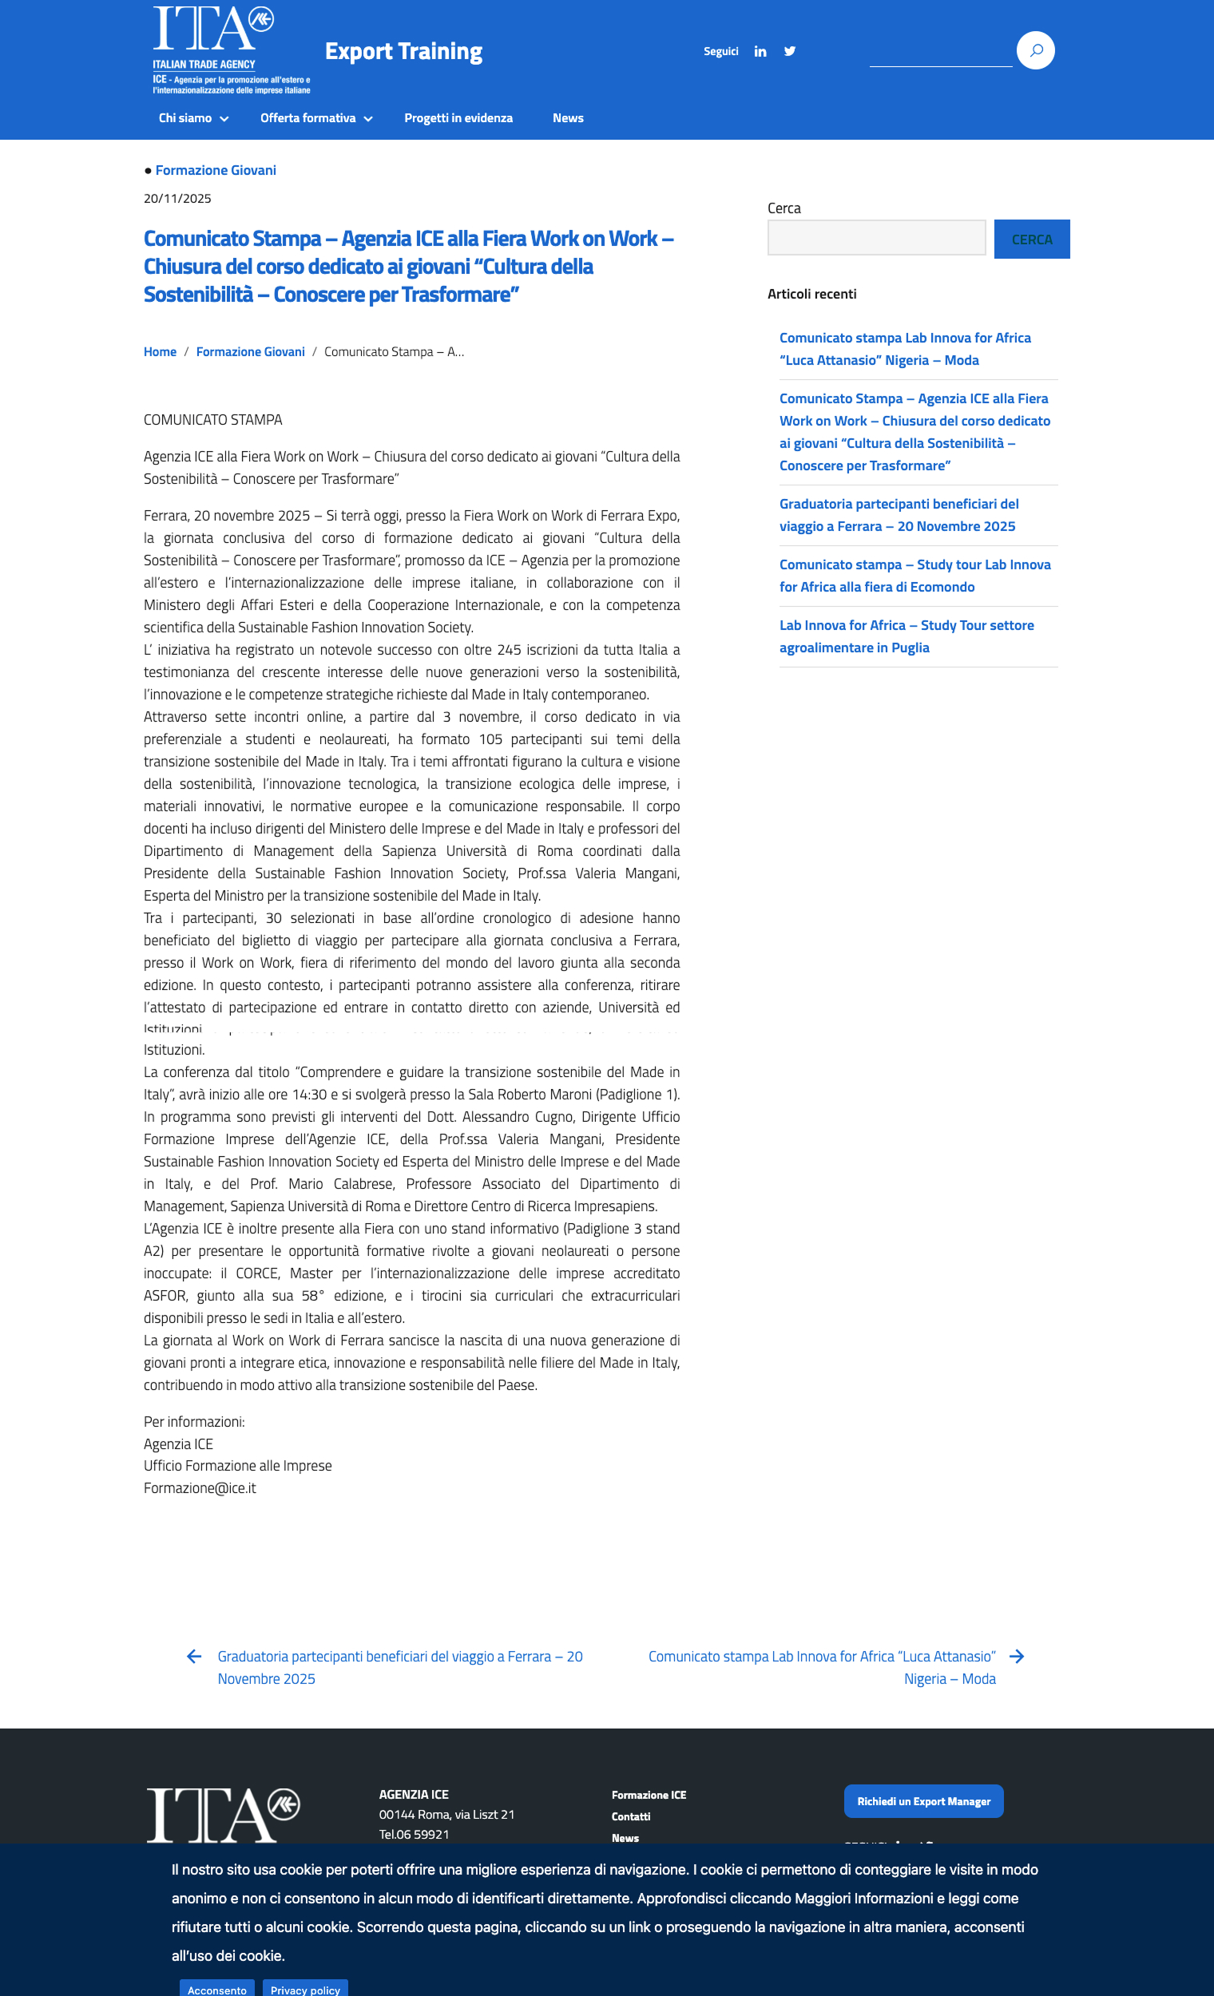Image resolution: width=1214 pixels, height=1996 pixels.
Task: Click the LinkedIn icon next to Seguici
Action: pos(760,51)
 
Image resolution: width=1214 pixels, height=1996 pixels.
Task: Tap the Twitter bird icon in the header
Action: pos(789,51)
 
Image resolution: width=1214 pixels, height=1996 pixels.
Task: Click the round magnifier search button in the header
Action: pos(1035,50)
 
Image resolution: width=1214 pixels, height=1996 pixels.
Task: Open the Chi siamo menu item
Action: pos(192,118)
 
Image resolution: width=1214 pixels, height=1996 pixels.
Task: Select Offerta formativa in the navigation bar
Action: pos(315,118)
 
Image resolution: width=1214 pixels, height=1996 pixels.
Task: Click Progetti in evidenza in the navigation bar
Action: pos(458,118)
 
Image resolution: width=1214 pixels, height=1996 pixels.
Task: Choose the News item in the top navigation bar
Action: pos(567,118)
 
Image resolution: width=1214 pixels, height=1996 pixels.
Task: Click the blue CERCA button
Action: pos(1031,239)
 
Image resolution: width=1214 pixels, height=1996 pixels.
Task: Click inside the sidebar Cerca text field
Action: pos(876,237)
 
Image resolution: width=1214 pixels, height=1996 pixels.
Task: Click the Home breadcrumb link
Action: pos(160,351)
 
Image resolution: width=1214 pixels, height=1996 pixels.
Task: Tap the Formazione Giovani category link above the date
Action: pos(216,170)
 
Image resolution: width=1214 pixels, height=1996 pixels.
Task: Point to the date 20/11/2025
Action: pos(177,199)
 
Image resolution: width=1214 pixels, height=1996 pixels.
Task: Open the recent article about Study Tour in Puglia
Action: pos(906,636)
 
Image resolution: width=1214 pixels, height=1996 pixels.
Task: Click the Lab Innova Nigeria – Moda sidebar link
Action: pos(904,349)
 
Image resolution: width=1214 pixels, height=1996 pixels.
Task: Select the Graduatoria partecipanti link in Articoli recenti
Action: pos(898,515)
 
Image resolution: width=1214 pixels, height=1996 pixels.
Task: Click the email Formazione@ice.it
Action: pos(200,1488)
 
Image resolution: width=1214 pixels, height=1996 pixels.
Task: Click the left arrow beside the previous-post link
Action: pos(194,1657)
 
